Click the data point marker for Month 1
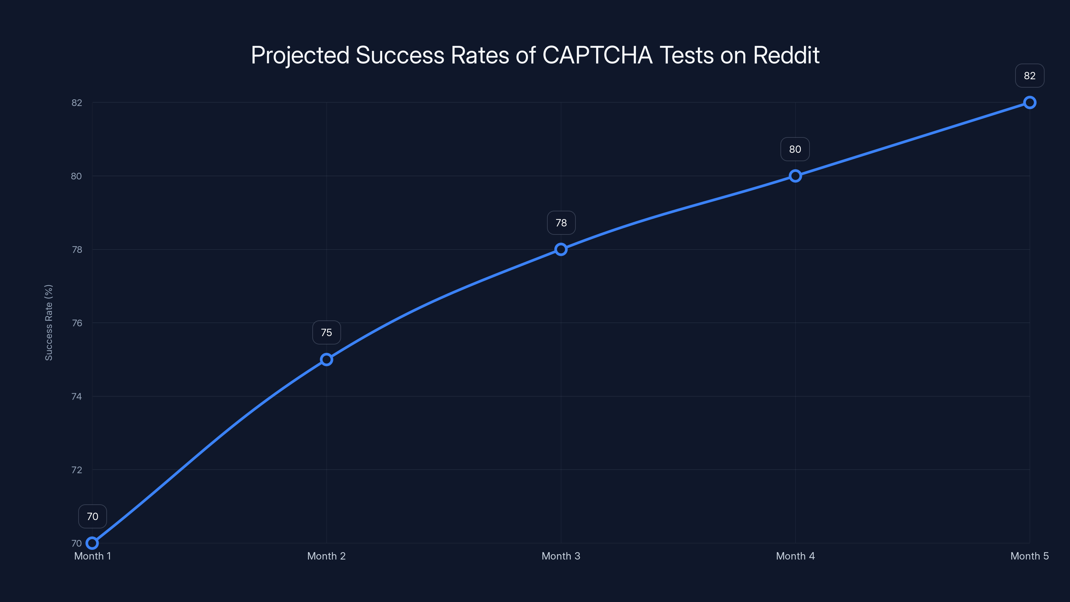(x=92, y=543)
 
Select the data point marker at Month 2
(x=326, y=360)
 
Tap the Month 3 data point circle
(x=561, y=249)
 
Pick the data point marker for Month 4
(x=795, y=176)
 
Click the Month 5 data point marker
(x=1029, y=102)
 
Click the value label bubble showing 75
(x=326, y=332)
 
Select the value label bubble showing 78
(x=561, y=223)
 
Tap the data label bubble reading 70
(x=92, y=516)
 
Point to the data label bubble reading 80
(x=795, y=149)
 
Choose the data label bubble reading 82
(x=1029, y=76)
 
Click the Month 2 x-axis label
(x=326, y=556)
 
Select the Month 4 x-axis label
(x=795, y=556)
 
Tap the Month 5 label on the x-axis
(x=1029, y=556)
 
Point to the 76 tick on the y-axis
(x=77, y=323)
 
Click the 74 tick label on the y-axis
(x=77, y=396)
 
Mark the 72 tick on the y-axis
(x=77, y=470)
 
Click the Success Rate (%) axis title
(x=48, y=322)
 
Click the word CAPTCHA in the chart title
(x=597, y=55)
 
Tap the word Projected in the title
(x=300, y=55)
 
